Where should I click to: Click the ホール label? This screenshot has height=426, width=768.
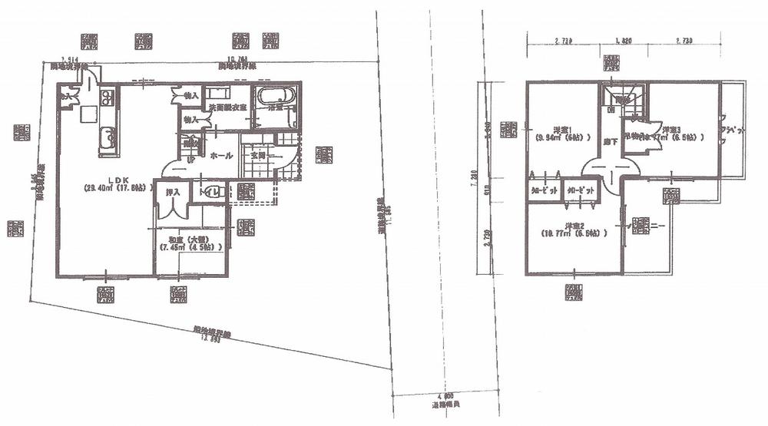[222, 156]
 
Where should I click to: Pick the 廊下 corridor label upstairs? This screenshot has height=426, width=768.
[609, 143]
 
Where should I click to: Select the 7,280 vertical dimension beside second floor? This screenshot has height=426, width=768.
[484, 179]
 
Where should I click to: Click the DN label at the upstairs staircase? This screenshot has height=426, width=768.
[611, 110]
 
